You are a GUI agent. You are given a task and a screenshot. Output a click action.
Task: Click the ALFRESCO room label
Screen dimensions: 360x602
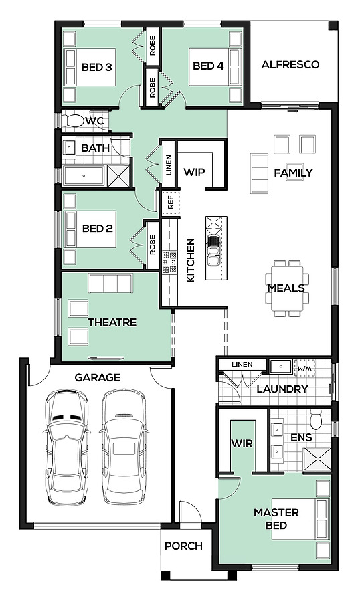290,64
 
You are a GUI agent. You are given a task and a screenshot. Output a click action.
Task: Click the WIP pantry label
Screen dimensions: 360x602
194,172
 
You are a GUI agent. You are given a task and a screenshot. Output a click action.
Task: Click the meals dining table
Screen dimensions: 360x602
287,288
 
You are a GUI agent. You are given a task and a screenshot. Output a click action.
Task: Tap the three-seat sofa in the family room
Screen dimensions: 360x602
260,173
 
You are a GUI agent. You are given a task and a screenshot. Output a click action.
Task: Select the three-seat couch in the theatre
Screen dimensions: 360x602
110,284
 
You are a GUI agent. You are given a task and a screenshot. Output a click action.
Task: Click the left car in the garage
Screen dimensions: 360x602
66,447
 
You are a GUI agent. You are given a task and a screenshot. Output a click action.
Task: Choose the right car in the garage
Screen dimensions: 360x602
124,447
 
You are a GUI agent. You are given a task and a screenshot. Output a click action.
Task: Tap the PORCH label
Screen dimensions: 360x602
183,546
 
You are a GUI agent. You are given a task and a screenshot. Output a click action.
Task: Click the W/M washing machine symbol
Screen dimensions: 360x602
304,368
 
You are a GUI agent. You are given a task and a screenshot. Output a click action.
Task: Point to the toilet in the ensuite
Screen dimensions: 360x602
317,419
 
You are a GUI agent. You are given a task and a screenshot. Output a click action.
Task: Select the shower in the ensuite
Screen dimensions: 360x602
317,459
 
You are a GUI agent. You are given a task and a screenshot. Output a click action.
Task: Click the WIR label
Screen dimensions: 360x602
242,444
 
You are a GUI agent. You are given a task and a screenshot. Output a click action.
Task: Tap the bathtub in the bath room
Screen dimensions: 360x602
84,176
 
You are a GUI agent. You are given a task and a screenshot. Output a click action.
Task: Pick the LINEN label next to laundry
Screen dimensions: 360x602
242,365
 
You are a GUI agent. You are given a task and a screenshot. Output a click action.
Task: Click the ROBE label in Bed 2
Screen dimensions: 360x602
153,245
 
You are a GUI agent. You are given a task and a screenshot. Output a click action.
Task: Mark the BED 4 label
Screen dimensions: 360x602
208,66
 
